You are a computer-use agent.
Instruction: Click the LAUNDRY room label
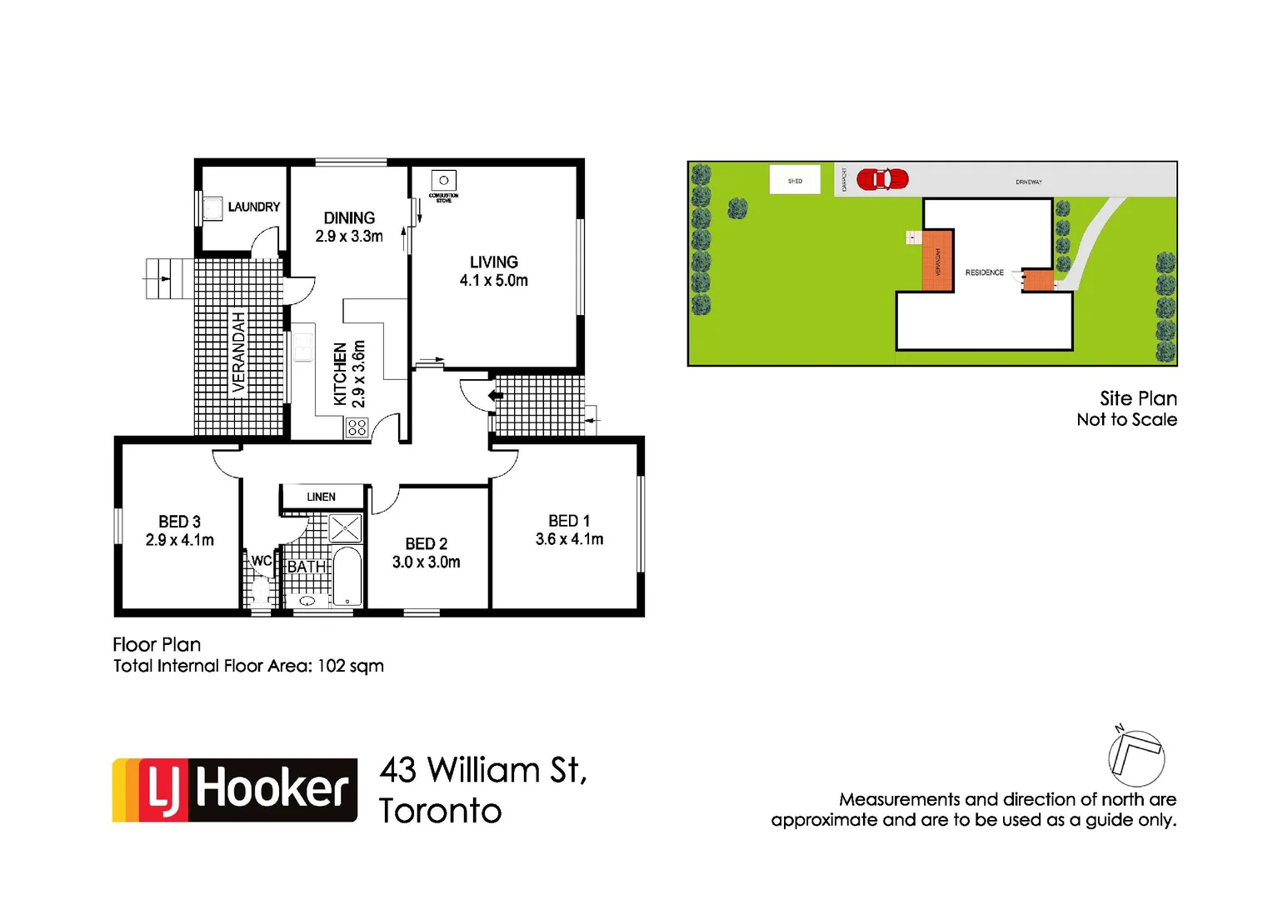pos(253,207)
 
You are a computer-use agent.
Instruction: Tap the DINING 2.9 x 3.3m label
pos(349,227)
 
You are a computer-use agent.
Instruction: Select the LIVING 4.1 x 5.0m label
pos(493,271)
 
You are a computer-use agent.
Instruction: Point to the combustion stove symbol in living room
pos(443,181)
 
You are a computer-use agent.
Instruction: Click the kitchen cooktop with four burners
pos(357,427)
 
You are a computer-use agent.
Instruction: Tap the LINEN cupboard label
pos(321,497)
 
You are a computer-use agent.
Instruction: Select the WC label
pos(261,561)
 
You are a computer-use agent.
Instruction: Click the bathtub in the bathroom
pos(347,576)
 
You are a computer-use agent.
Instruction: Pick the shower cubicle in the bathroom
pos(345,528)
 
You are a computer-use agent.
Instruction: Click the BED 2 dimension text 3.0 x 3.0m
pos(426,562)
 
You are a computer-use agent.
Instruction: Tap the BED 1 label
pos(569,521)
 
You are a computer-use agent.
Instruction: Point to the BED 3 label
pos(179,522)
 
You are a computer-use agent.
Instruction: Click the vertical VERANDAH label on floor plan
pos(239,352)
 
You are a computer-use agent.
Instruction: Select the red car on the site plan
pos(881,179)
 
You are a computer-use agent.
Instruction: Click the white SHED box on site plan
pos(795,180)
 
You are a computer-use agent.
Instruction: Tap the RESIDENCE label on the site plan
pos(984,272)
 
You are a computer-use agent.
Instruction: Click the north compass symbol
pos(1136,757)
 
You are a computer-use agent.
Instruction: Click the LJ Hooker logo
pos(235,790)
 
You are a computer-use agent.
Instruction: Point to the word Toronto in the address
pos(440,811)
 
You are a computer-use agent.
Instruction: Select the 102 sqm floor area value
pos(350,666)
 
